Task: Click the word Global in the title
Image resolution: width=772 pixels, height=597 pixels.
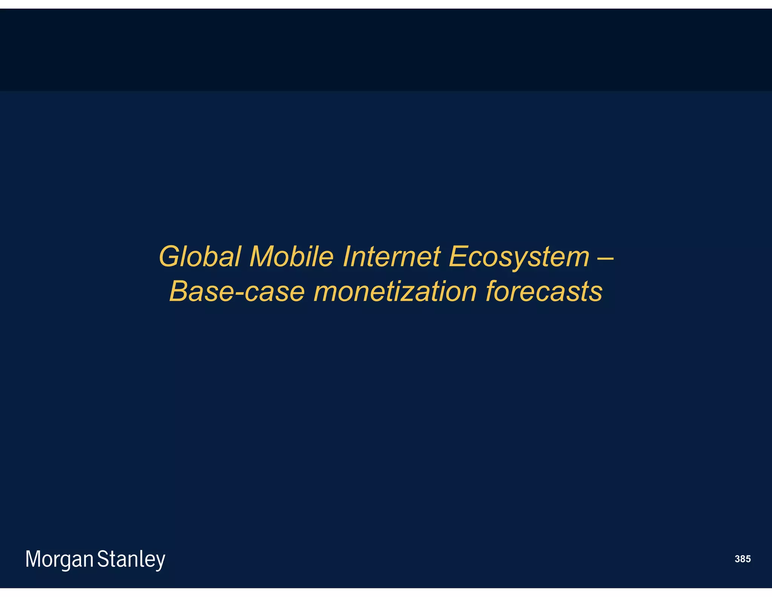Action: point(199,257)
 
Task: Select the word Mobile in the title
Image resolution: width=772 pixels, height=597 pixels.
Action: point(291,257)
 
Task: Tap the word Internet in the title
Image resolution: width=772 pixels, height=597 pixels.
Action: point(391,257)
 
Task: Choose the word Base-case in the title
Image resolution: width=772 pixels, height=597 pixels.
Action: point(237,291)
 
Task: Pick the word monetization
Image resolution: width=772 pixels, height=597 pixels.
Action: point(395,291)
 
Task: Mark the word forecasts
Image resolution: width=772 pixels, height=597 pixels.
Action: point(544,291)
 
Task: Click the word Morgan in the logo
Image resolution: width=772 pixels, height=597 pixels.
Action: point(59,559)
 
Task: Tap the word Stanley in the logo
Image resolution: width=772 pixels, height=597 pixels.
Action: point(131,559)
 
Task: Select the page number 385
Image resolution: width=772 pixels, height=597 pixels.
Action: point(742,559)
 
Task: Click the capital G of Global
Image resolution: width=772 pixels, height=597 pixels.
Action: point(170,257)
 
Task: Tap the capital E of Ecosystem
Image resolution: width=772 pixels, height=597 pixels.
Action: point(457,257)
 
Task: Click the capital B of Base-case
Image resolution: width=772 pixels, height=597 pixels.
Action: point(179,291)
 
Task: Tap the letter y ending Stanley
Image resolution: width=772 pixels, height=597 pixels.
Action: point(160,561)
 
